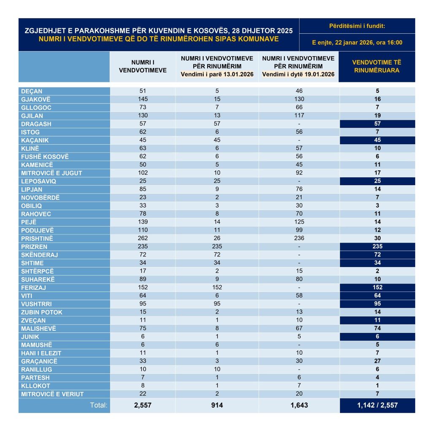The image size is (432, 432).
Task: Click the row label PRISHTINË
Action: (38, 238)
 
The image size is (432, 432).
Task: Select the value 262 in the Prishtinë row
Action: (143, 238)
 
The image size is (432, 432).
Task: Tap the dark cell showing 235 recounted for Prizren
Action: (377, 246)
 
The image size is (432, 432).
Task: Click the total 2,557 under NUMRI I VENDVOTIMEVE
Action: (143, 405)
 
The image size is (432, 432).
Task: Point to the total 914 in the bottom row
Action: (217, 405)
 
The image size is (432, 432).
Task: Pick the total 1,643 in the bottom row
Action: (299, 405)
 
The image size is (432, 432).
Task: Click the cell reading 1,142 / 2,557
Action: (377, 405)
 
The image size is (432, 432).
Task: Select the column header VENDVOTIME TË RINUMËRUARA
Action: (377, 66)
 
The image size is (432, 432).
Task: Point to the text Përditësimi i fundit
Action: (357, 26)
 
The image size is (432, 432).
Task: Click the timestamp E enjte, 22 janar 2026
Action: (357, 43)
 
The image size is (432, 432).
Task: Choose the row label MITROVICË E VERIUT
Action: (52, 394)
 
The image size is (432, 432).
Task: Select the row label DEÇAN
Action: (32, 91)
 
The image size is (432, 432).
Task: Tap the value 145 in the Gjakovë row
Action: (143, 99)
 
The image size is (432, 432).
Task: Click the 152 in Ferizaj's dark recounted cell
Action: (377, 287)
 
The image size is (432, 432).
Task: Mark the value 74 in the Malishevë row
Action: (377, 328)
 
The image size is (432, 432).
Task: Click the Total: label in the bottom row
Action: (99, 405)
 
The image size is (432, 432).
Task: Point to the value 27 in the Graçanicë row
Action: (377, 361)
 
